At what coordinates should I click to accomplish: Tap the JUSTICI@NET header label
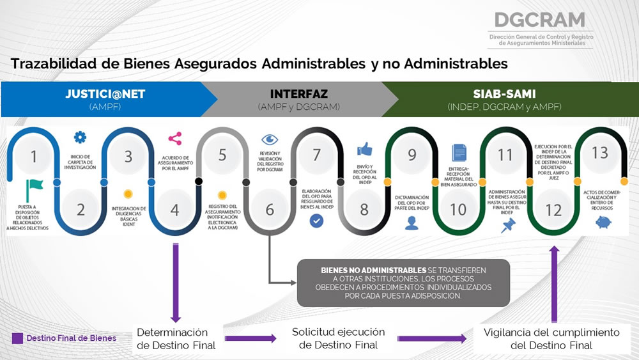click(105, 94)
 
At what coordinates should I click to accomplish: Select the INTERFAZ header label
click(298, 93)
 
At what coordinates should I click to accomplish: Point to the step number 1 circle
click(34, 156)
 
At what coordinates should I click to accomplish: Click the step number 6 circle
click(269, 209)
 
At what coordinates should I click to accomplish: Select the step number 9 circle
click(412, 155)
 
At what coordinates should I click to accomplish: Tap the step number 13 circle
click(599, 154)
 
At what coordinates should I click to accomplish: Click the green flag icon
click(35, 187)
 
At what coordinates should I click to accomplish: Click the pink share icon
click(174, 138)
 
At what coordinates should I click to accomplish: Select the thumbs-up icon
click(364, 149)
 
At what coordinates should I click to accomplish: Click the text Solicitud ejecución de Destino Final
click(339, 338)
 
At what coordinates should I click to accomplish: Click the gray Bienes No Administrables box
click(403, 283)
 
